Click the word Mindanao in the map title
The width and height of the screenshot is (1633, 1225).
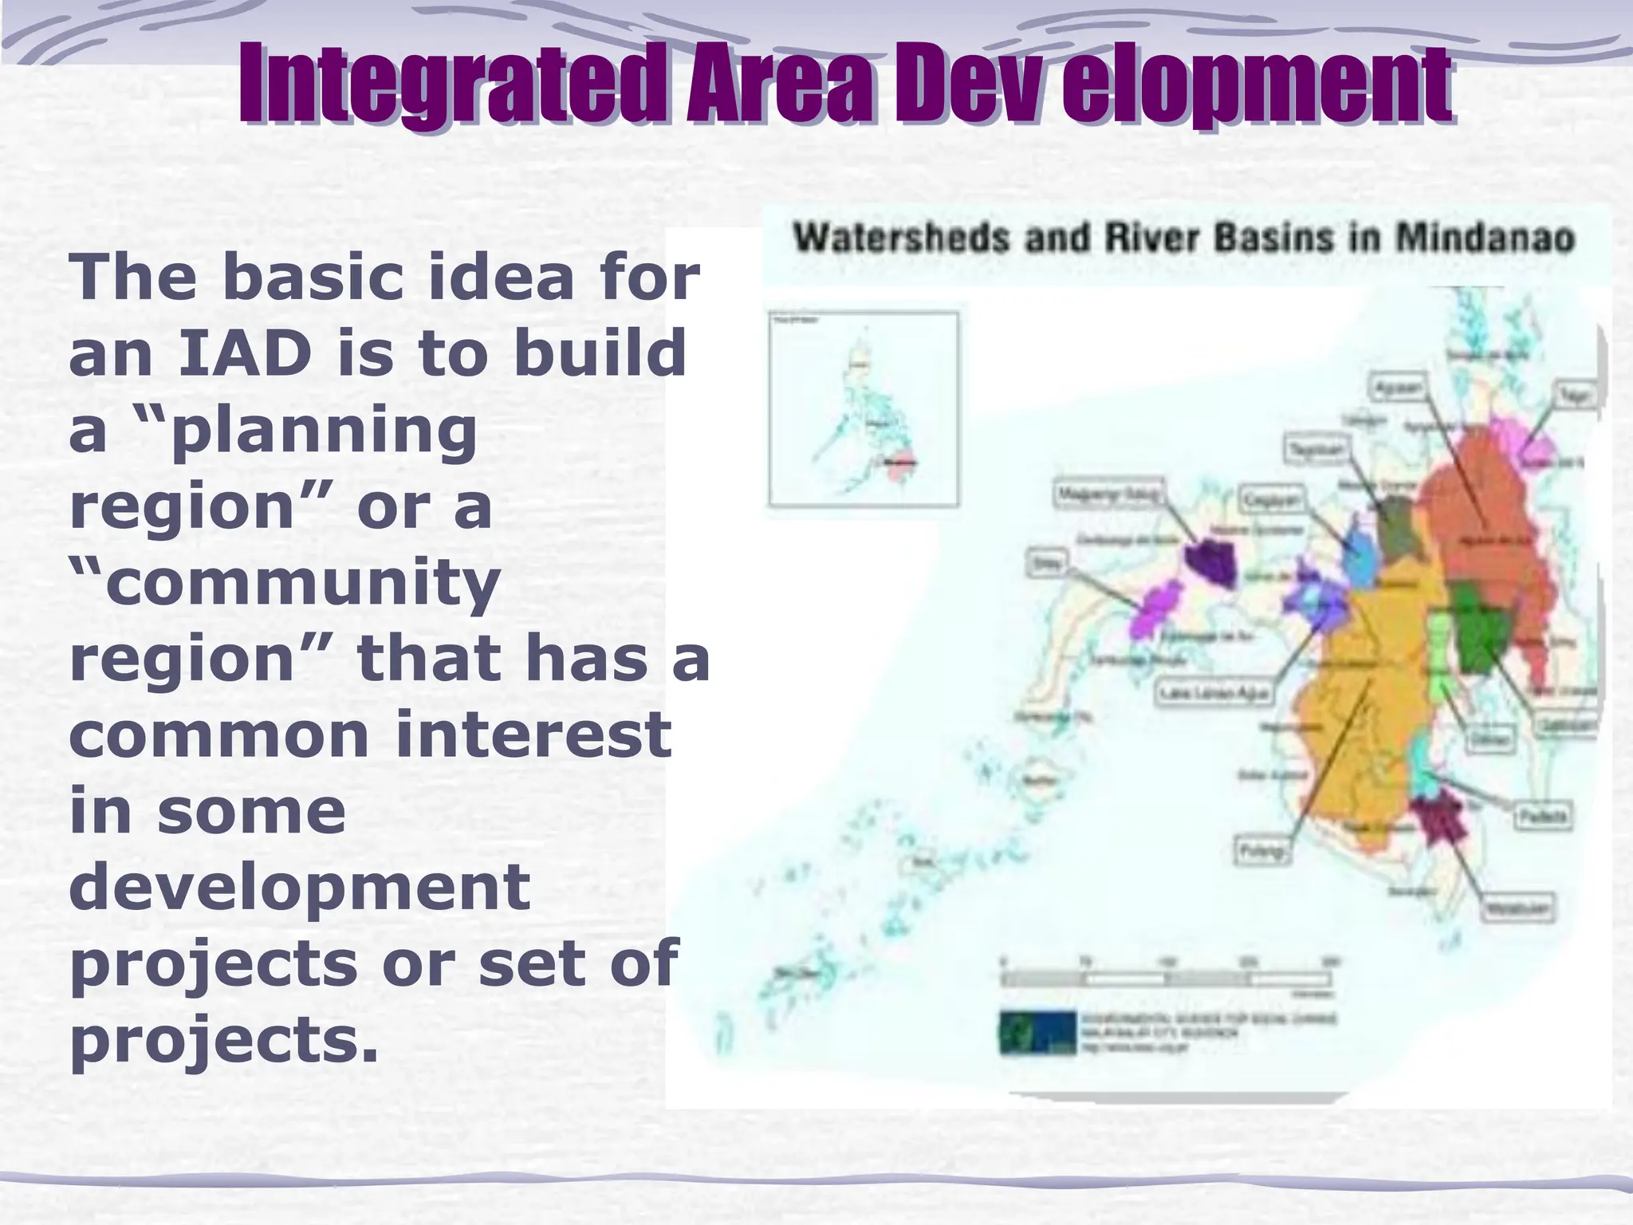[1485, 238]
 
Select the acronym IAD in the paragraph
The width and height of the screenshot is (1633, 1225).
[244, 353]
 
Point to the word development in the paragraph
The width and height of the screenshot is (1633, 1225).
[300, 886]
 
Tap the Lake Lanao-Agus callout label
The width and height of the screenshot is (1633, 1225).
[1213, 692]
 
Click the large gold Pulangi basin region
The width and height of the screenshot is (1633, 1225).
[1356, 718]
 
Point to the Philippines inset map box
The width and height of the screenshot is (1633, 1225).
[864, 409]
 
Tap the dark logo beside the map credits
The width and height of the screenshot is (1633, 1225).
[1037, 1032]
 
